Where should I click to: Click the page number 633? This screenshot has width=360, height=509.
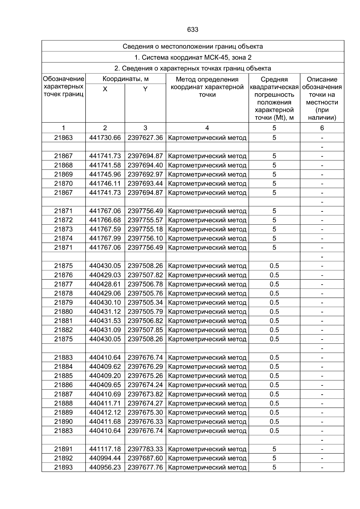tap(193, 30)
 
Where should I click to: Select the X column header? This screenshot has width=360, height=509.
tap(105, 89)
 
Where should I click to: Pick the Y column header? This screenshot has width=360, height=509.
tap(145, 89)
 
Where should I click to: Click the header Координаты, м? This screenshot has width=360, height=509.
tap(125, 79)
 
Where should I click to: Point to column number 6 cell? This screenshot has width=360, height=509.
tap(322, 128)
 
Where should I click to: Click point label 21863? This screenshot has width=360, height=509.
tap(63, 138)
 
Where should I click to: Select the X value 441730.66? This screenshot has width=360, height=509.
tap(105, 138)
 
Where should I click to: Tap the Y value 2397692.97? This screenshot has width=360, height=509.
tap(145, 174)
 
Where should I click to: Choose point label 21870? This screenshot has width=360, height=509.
tap(63, 184)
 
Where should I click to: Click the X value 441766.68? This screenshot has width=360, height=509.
tap(105, 220)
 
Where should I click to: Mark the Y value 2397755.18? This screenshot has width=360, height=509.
tap(145, 229)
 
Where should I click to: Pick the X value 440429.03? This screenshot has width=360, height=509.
tap(105, 275)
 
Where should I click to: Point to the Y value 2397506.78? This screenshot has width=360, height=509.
tap(145, 284)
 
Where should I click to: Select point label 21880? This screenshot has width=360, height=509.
tap(63, 312)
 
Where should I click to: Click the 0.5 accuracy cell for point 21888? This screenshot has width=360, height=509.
tap(274, 403)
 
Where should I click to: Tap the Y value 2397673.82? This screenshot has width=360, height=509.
tap(145, 394)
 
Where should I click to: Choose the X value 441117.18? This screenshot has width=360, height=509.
tap(105, 449)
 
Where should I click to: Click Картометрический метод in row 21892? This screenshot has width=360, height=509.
tap(207, 458)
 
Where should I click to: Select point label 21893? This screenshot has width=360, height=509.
tap(63, 467)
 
